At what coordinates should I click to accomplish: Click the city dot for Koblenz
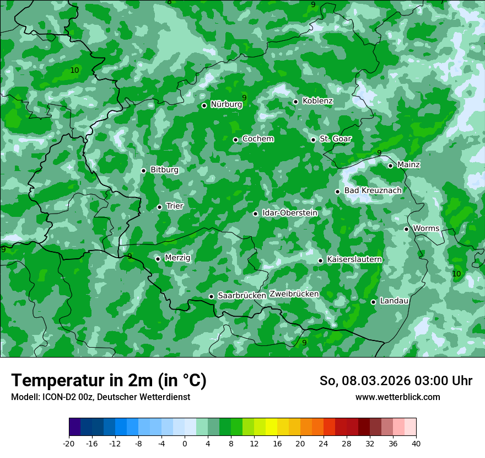(x=295, y=102)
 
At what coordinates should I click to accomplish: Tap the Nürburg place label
(x=226, y=104)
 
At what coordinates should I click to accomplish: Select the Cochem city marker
(x=235, y=140)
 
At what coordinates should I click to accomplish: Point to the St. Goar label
(x=335, y=139)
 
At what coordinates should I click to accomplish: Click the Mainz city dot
(x=390, y=166)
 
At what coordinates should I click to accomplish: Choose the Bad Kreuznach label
(x=373, y=190)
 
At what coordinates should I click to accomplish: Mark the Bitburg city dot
(x=143, y=171)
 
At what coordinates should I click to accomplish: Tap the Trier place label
(x=174, y=206)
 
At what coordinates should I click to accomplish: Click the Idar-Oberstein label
(x=289, y=212)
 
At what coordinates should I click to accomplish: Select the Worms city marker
(x=406, y=229)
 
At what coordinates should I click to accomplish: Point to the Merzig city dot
(x=158, y=259)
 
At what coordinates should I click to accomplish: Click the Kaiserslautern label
(x=354, y=259)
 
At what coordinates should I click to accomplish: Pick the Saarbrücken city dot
(x=211, y=296)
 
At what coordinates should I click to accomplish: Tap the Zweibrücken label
(x=294, y=294)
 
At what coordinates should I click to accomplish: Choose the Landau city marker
(x=373, y=302)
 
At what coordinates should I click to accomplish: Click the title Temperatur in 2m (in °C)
(x=109, y=380)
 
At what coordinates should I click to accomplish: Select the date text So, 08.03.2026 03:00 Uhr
(x=396, y=381)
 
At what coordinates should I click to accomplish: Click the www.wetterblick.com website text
(x=397, y=397)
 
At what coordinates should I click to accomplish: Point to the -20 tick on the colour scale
(x=69, y=444)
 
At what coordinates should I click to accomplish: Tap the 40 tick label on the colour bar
(x=416, y=444)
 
